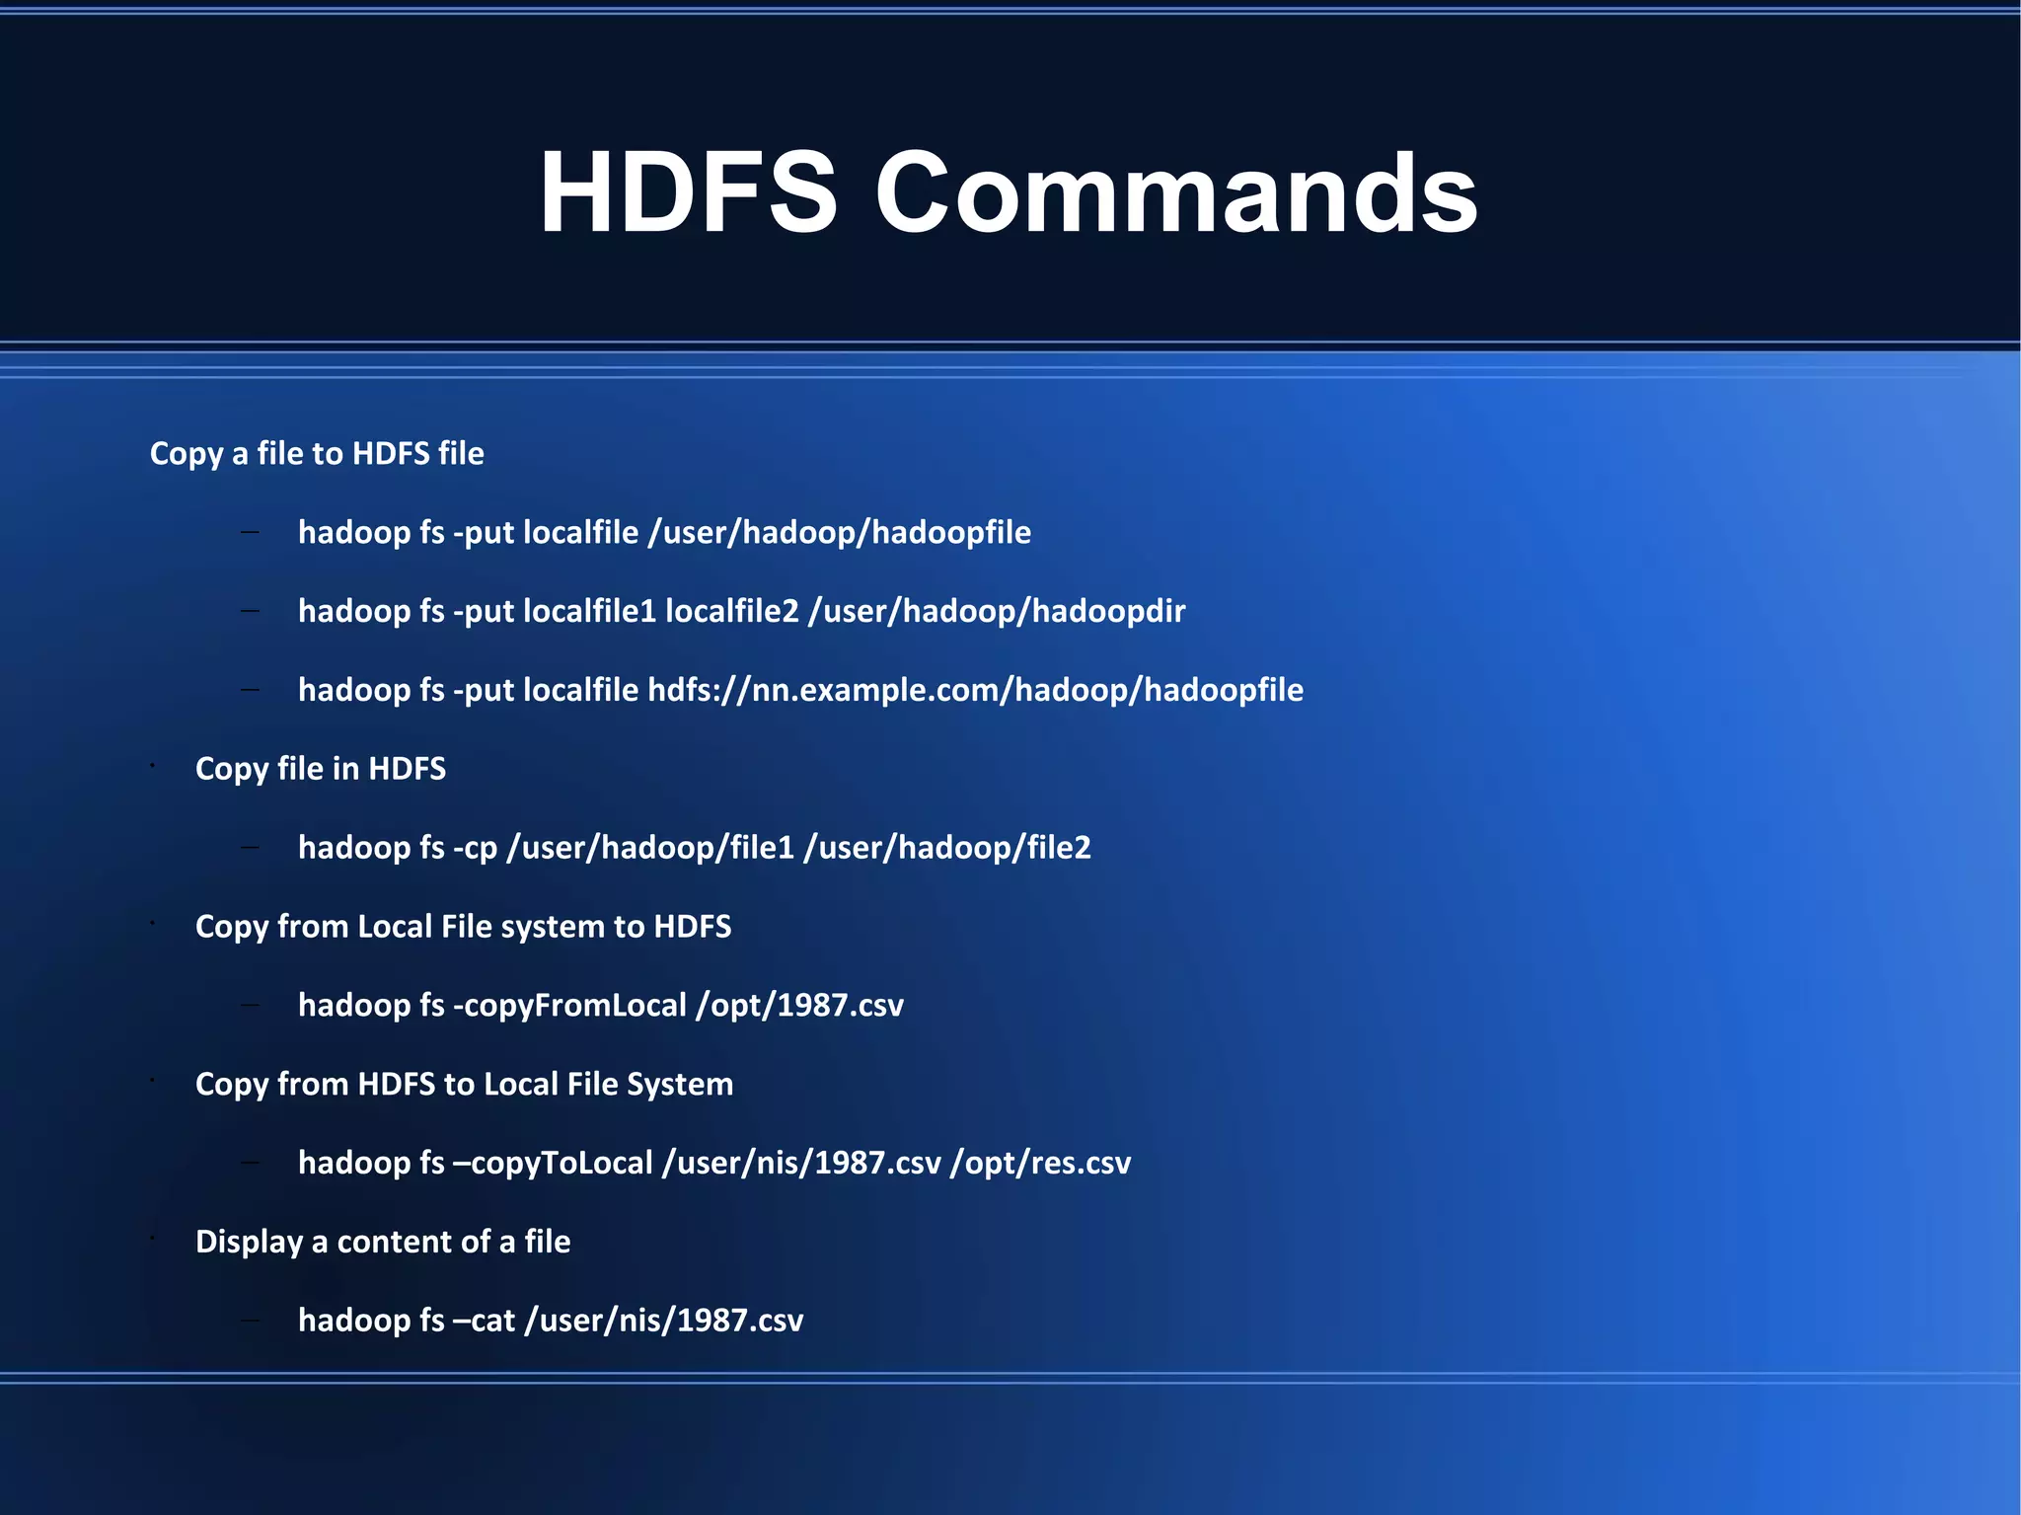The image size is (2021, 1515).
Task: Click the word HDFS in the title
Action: click(x=688, y=192)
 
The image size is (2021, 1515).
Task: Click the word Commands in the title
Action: click(x=1175, y=192)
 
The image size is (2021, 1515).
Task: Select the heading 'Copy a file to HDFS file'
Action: click(x=317, y=453)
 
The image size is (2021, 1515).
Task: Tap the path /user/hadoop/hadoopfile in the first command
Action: click(x=839, y=533)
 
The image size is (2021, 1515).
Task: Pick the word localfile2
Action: click(x=731, y=611)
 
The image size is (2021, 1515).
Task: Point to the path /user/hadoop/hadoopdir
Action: click(x=997, y=611)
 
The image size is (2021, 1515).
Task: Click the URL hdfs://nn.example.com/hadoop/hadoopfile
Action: click(x=975, y=690)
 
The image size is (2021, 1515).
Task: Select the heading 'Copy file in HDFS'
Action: click(x=321, y=769)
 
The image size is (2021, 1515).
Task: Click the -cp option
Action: click(x=475, y=848)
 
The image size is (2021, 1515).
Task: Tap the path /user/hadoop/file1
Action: click(x=649, y=848)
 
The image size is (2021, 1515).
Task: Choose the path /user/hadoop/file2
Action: click(x=947, y=848)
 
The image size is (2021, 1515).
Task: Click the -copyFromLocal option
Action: click(x=569, y=1006)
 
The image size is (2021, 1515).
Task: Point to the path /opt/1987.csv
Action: click(x=799, y=1006)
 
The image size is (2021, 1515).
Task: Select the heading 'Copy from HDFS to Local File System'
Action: click(x=464, y=1084)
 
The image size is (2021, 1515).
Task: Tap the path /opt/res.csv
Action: click(x=1040, y=1163)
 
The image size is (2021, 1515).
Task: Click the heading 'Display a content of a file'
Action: click(x=383, y=1242)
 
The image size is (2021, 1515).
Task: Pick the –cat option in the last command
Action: click(x=484, y=1321)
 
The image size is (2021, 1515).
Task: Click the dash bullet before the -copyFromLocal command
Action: click(x=250, y=1006)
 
